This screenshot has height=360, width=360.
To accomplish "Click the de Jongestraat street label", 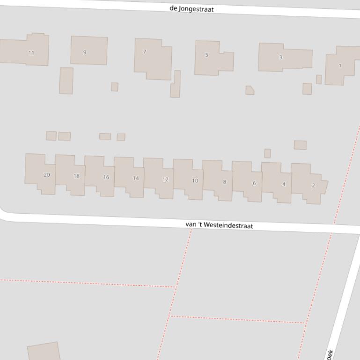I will click(x=192, y=8).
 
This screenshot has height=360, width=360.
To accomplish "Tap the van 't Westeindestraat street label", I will click(x=219, y=225).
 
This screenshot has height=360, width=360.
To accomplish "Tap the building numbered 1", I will click(x=340, y=65).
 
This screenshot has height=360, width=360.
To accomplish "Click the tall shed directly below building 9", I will click(x=66, y=80).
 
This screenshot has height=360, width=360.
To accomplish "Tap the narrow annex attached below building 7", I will click(x=176, y=85).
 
